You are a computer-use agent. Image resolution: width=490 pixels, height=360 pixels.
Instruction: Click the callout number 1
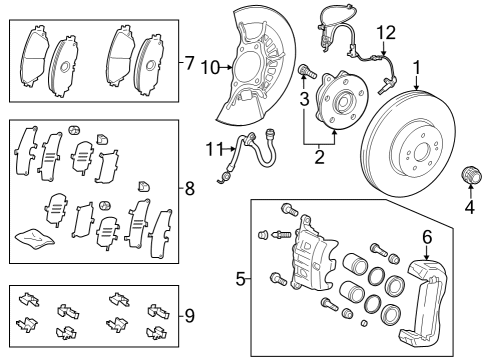pos(417,70)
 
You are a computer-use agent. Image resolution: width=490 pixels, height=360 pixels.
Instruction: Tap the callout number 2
pos(320,155)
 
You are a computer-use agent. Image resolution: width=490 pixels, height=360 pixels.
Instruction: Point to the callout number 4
pos(467,209)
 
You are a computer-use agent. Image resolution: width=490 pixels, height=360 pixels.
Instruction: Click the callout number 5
pos(240,280)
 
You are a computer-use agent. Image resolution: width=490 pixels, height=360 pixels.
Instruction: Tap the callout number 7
pos(188,63)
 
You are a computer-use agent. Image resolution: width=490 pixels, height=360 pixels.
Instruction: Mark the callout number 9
pos(188,315)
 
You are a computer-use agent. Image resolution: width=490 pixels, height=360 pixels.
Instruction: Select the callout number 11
pos(211,150)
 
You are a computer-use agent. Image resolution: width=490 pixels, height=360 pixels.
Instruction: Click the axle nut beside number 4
pos(466,179)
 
